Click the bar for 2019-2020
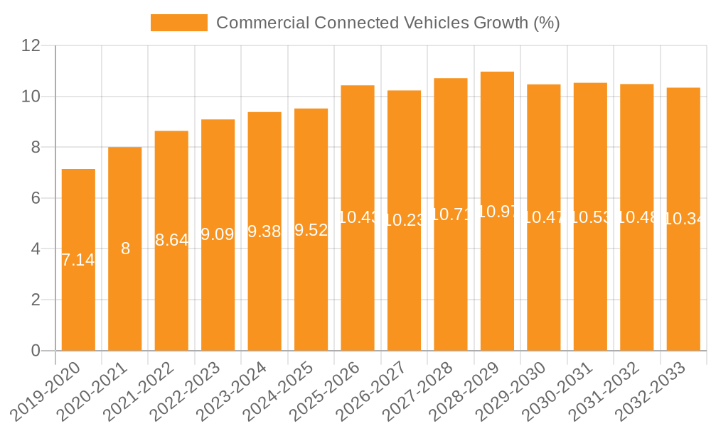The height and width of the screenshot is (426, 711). click(78, 260)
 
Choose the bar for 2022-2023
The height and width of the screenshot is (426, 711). click(218, 235)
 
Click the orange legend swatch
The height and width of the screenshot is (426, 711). click(178, 23)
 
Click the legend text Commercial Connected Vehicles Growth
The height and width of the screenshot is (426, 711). click(387, 23)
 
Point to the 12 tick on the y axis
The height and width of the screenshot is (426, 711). click(31, 45)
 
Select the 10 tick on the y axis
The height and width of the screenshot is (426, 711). click(31, 97)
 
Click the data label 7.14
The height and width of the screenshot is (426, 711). click(78, 260)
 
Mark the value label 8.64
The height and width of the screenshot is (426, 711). click(171, 240)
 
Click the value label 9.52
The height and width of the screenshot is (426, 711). click(311, 229)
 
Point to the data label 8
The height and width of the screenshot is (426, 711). click(125, 248)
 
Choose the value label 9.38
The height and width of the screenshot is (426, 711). click(264, 231)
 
